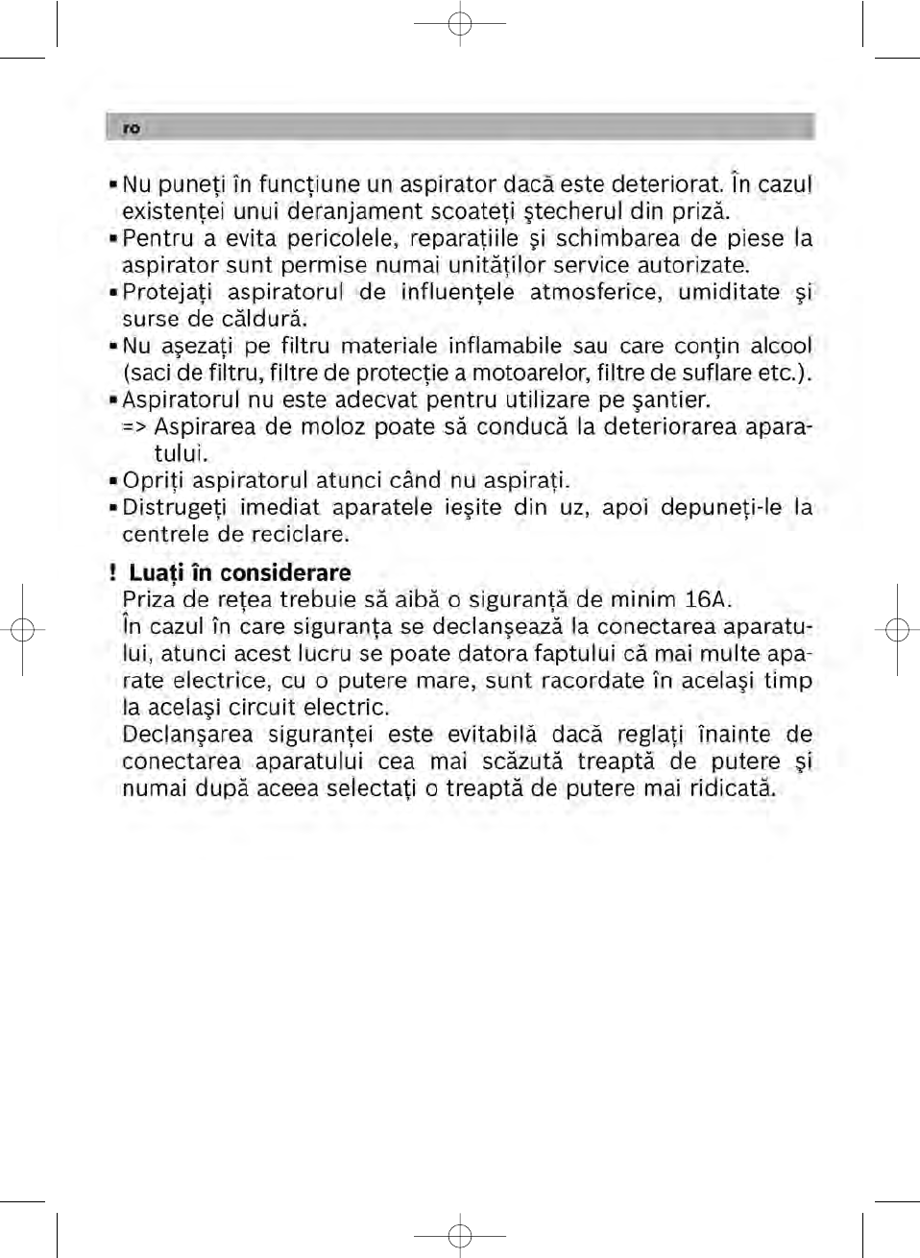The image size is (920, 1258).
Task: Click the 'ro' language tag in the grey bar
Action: coord(132,129)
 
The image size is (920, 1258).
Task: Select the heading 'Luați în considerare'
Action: coord(239,573)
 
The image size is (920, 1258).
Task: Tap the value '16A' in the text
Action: coord(707,600)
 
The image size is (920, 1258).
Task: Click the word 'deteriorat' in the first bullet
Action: coord(666,184)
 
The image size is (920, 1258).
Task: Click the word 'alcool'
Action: coord(781,346)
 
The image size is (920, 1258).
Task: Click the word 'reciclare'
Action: coord(299,534)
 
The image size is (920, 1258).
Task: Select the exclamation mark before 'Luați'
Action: coord(112,573)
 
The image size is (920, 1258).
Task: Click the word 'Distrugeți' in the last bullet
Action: coord(173,507)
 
